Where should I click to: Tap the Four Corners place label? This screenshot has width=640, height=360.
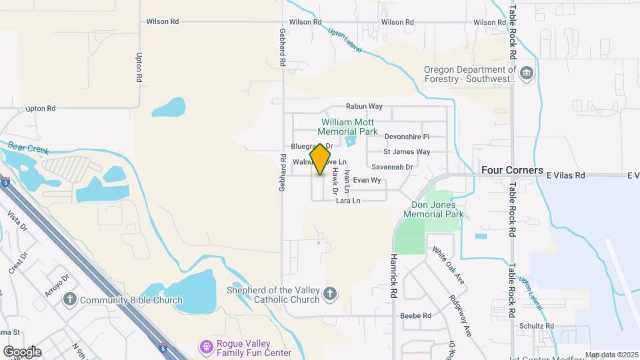coord(512,171)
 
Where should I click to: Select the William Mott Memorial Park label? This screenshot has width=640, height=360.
coord(349,127)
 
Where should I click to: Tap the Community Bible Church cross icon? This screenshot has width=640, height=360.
coord(71,300)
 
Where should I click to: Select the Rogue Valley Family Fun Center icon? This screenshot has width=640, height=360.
coord(206,348)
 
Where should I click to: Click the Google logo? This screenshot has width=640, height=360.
coord(22,351)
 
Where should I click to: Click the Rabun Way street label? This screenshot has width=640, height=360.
coord(363,106)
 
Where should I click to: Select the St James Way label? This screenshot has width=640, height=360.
coord(407,152)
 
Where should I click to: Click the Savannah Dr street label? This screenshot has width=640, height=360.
coord(393,167)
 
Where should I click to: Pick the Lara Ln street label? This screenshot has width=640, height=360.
coord(348,201)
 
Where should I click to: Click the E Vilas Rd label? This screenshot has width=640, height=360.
coord(565,175)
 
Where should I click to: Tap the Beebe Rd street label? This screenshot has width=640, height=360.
coord(415,315)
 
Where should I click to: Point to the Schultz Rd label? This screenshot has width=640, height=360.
coord(537,325)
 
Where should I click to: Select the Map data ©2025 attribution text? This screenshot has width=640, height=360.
coord(611,355)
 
